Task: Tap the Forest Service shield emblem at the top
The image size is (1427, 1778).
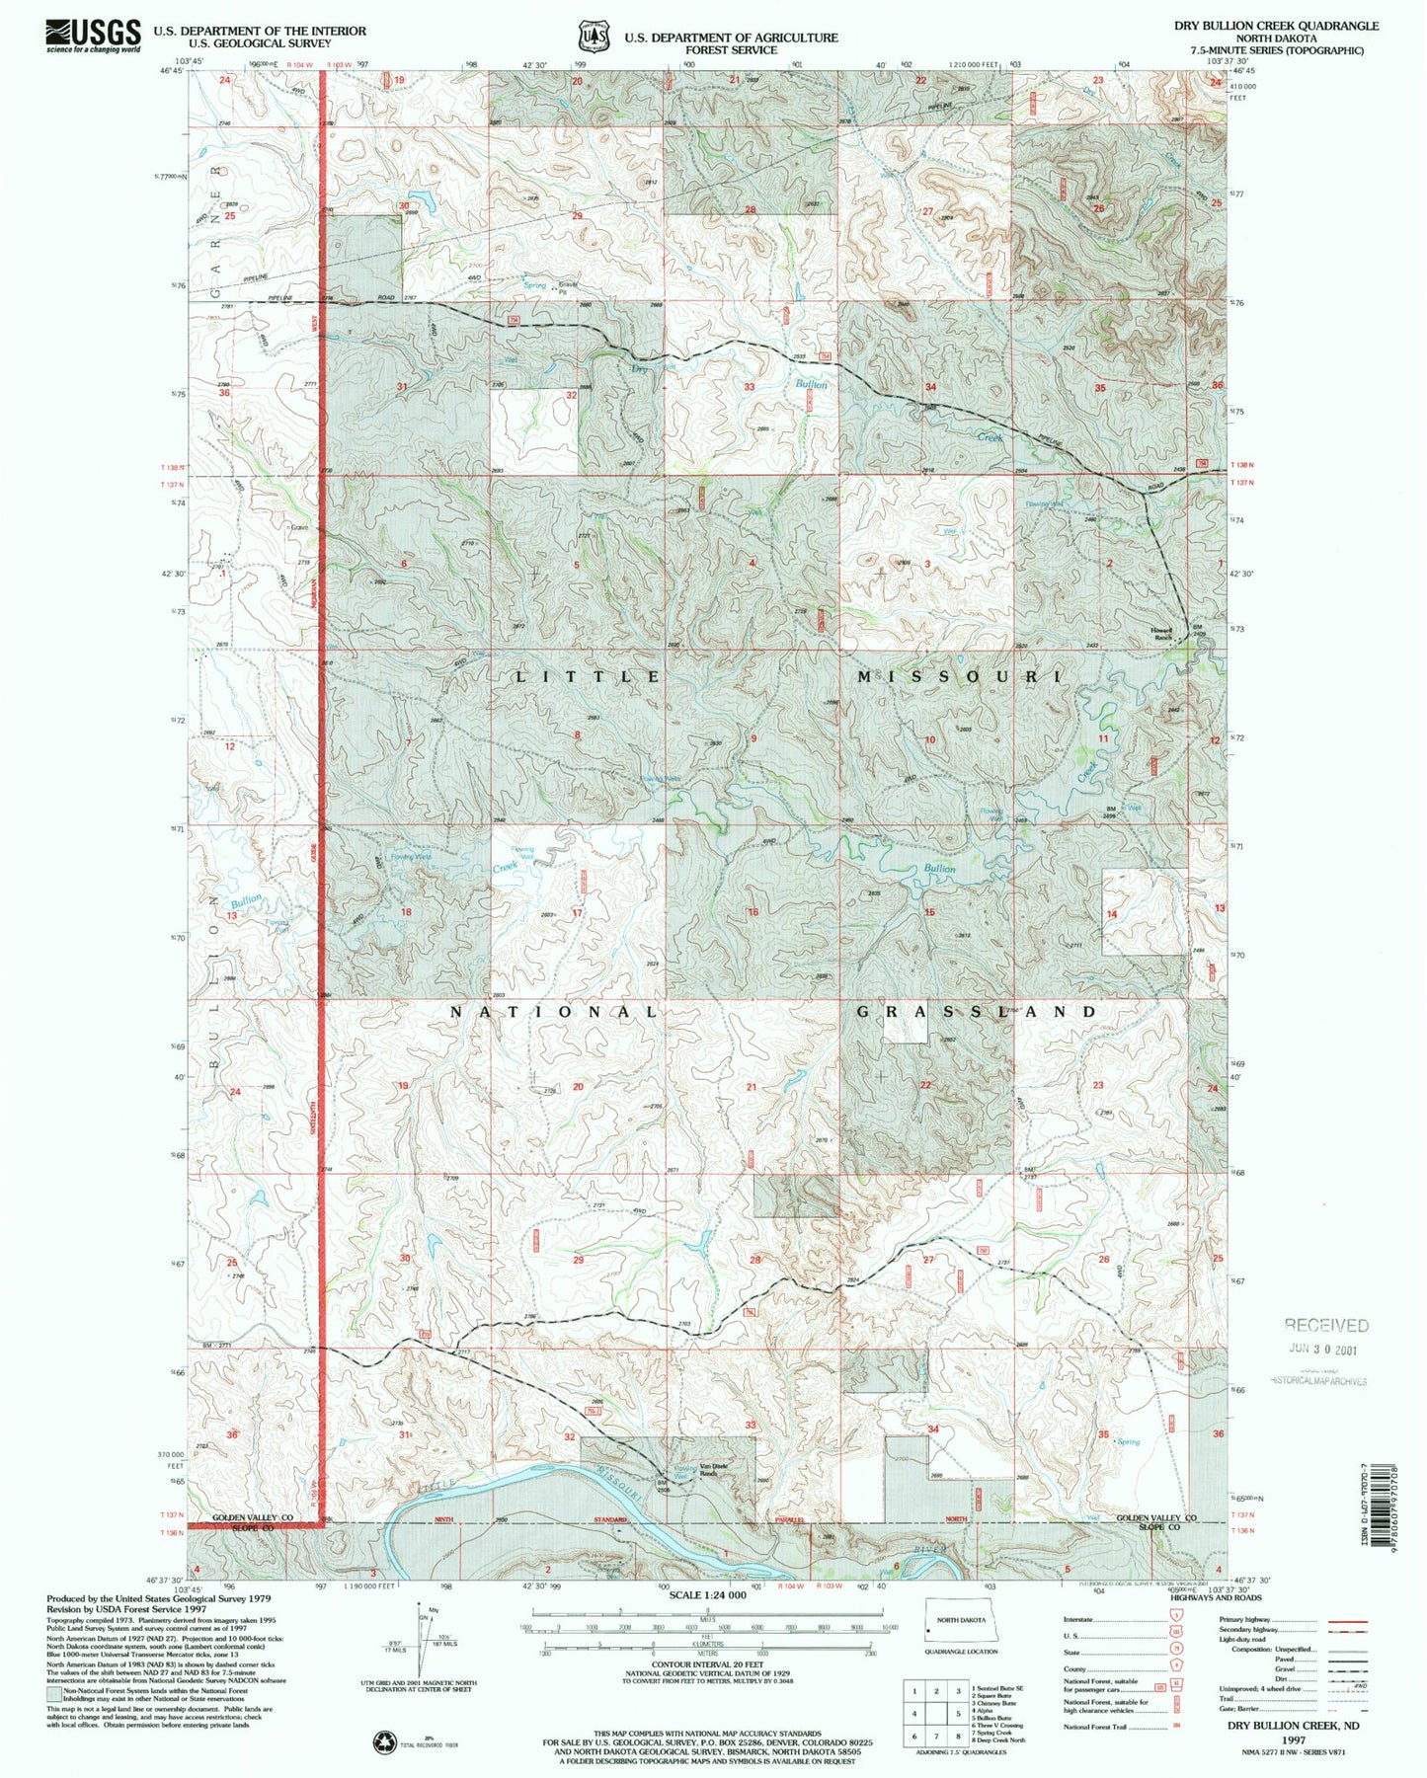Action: pos(593,37)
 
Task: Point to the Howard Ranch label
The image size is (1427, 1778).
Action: pos(1160,633)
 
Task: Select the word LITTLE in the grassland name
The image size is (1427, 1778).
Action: pos(590,677)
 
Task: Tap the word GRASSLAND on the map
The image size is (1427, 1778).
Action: pos(977,1012)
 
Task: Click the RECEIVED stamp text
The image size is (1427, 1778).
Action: pos(1325,1325)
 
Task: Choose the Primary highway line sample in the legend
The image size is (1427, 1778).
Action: pos(1346,1621)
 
